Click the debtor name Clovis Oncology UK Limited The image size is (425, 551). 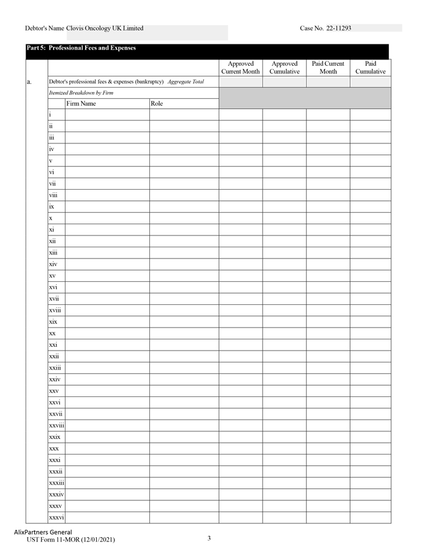104,28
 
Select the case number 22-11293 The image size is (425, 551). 339,28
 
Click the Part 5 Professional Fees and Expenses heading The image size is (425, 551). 81,48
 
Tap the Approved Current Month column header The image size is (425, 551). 241,68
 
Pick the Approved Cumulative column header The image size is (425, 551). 284,68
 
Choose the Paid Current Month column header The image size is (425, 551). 328,68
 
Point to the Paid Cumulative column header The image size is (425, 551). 371,68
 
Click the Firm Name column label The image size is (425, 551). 81,103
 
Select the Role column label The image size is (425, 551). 157,103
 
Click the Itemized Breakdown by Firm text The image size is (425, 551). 81,93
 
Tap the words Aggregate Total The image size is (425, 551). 186,82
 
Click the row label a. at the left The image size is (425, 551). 30,82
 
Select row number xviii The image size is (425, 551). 55,311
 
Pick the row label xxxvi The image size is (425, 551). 57,517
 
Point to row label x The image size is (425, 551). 51,219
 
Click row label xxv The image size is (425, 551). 54,391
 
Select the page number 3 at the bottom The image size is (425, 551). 209,538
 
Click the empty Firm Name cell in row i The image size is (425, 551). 107,115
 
